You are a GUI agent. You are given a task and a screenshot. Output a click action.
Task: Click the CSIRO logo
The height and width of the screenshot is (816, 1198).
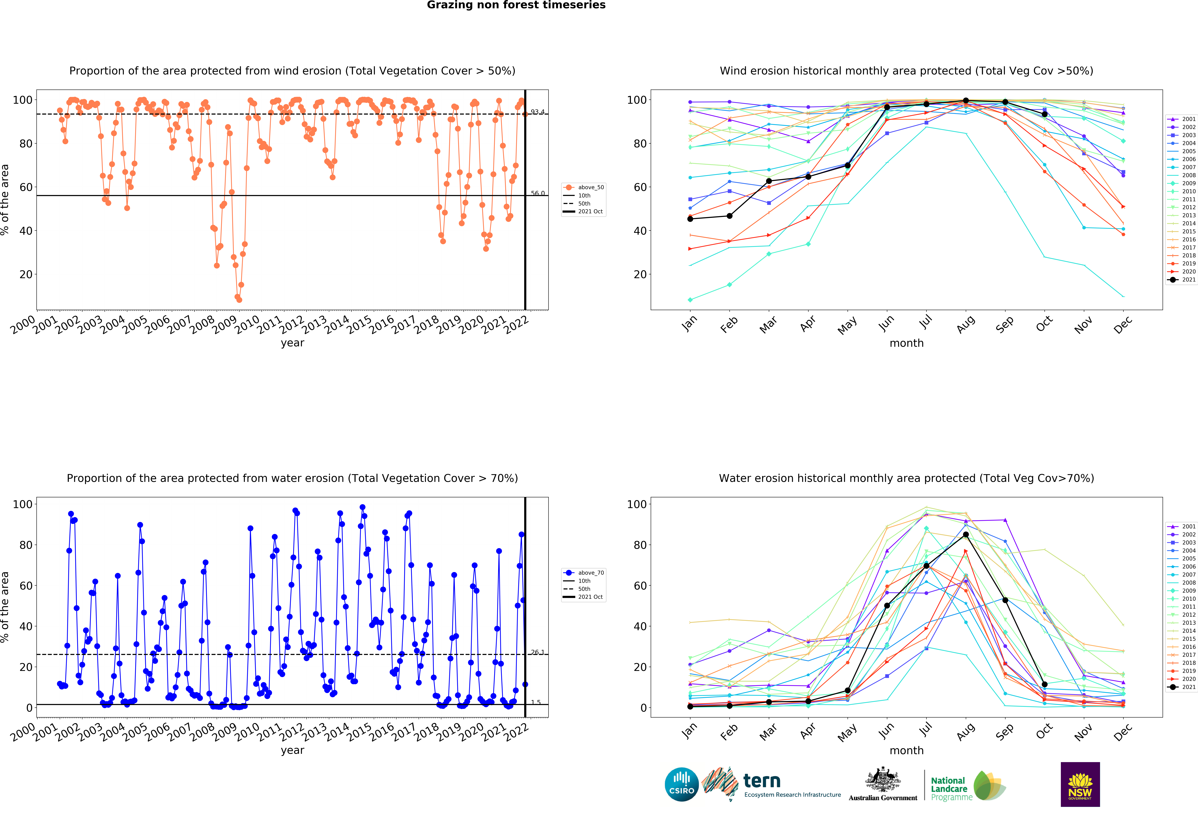(x=682, y=784)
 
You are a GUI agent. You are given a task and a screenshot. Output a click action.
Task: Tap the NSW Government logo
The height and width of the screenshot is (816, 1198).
(x=1080, y=784)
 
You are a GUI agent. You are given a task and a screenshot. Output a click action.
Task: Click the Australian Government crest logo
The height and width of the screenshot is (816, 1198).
(x=883, y=784)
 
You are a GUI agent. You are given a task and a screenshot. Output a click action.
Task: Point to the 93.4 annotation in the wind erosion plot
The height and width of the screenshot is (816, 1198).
(x=538, y=112)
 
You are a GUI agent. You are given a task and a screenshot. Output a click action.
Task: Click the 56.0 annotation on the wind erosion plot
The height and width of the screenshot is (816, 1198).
(x=538, y=193)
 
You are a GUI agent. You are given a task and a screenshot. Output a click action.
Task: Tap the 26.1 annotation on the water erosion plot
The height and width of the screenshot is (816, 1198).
(x=538, y=652)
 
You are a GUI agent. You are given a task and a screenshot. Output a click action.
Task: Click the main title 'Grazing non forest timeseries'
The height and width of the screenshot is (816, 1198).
(x=516, y=5)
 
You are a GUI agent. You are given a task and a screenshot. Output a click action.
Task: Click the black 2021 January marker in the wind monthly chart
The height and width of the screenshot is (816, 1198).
(x=690, y=219)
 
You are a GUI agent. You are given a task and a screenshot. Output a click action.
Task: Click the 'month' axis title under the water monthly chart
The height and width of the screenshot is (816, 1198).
(x=906, y=751)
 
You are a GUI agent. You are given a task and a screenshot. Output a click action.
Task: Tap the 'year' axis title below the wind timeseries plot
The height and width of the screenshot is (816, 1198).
(x=292, y=343)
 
